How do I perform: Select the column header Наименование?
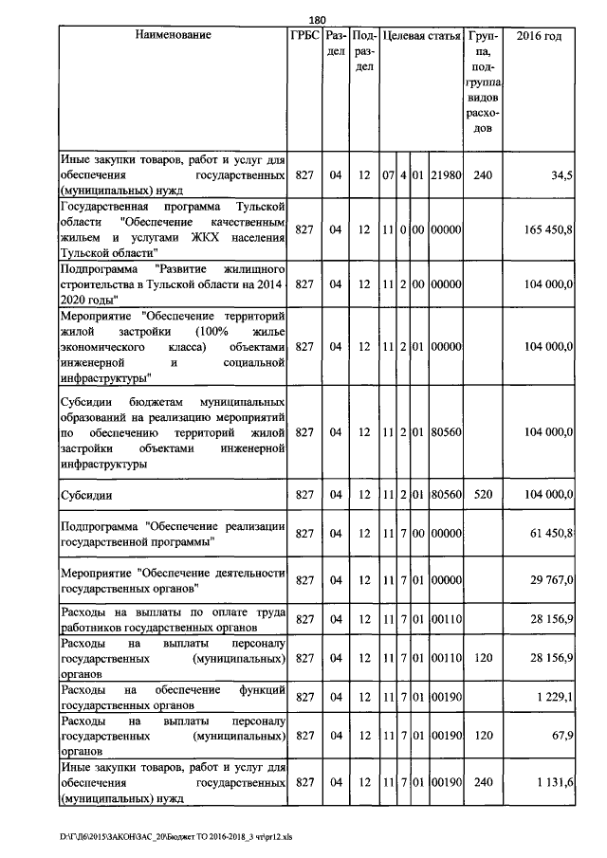tap(173, 35)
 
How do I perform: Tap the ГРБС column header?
tap(304, 35)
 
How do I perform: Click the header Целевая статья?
tap(419, 35)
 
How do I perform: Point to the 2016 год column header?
tap(539, 35)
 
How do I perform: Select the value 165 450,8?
tap(547, 229)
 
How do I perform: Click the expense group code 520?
tap(483, 495)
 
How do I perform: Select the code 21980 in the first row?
tap(445, 175)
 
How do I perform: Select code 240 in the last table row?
tap(483, 783)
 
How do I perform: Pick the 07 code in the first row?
tap(387, 175)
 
